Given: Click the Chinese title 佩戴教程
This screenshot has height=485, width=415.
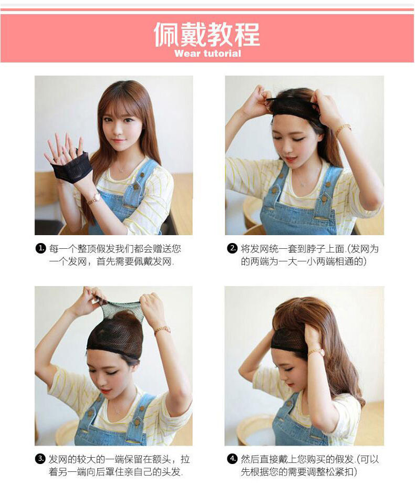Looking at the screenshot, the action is click(206, 34).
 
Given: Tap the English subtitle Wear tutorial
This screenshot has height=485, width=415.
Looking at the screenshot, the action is click(207, 54).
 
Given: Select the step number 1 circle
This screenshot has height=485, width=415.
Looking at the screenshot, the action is click(41, 248).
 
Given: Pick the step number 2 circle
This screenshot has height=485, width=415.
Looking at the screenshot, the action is click(232, 248).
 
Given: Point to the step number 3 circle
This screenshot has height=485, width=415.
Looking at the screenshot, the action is click(41, 459).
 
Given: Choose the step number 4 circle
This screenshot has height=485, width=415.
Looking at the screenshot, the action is click(232, 459).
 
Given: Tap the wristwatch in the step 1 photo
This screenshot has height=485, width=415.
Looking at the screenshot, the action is click(94, 198).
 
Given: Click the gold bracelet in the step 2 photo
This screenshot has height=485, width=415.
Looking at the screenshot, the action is click(343, 130).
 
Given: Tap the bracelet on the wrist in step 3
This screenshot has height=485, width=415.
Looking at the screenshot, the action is click(162, 330).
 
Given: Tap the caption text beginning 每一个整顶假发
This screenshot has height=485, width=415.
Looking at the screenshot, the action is click(115, 255).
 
